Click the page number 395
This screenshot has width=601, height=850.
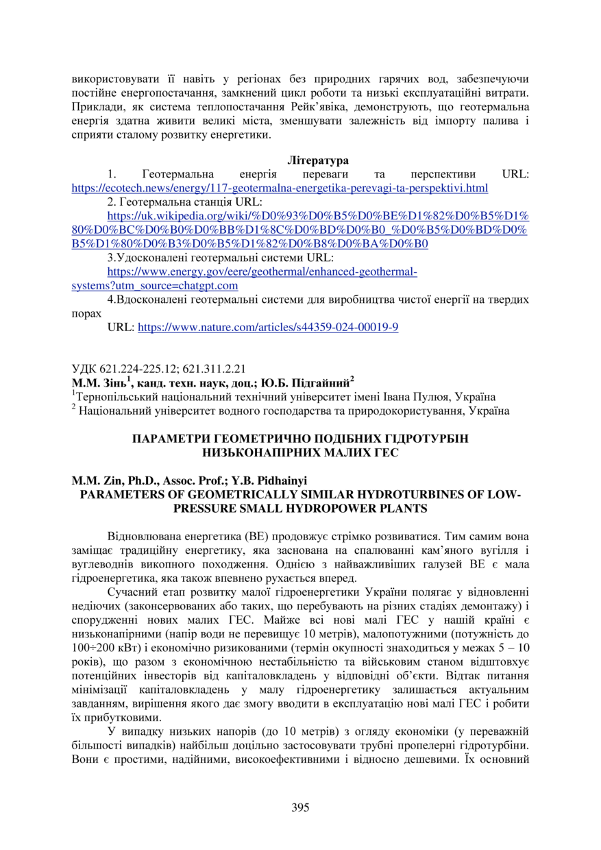coord(300,807)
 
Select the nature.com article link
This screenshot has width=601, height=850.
coord(268,328)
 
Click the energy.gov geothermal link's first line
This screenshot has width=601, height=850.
coord(262,272)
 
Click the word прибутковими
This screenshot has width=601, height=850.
coord(113,717)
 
